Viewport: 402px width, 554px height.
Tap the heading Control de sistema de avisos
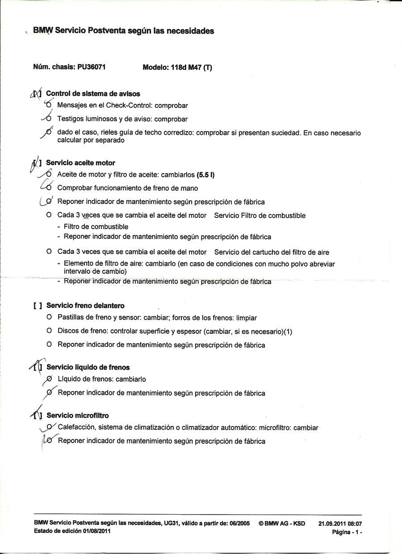coord(93,94)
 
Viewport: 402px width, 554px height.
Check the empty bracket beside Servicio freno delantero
coord(38,306)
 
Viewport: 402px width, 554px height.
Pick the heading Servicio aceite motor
coord(80,163)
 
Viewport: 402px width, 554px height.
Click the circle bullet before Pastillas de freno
coord(49,318)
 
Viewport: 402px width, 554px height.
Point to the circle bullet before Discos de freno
coord(49,331)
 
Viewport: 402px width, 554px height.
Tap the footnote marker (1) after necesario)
coord(287,332)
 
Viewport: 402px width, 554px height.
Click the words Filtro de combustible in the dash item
coord(96,227)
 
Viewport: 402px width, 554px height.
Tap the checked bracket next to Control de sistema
coord(37,94)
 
